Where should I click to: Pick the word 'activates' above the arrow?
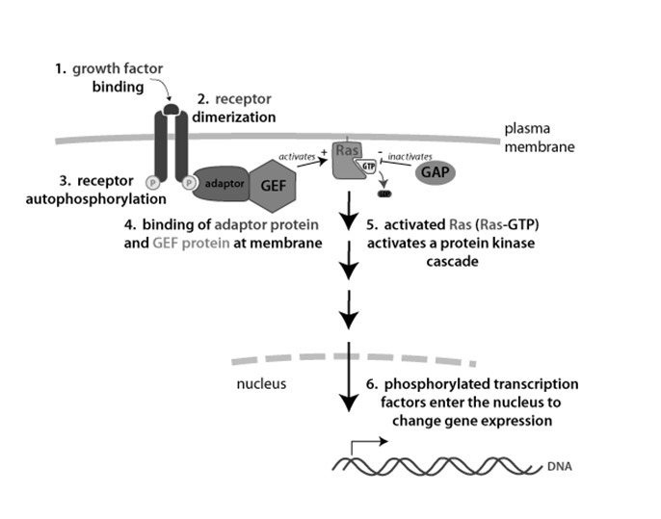click(297, 152)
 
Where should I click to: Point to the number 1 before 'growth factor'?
click(60, 68)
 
